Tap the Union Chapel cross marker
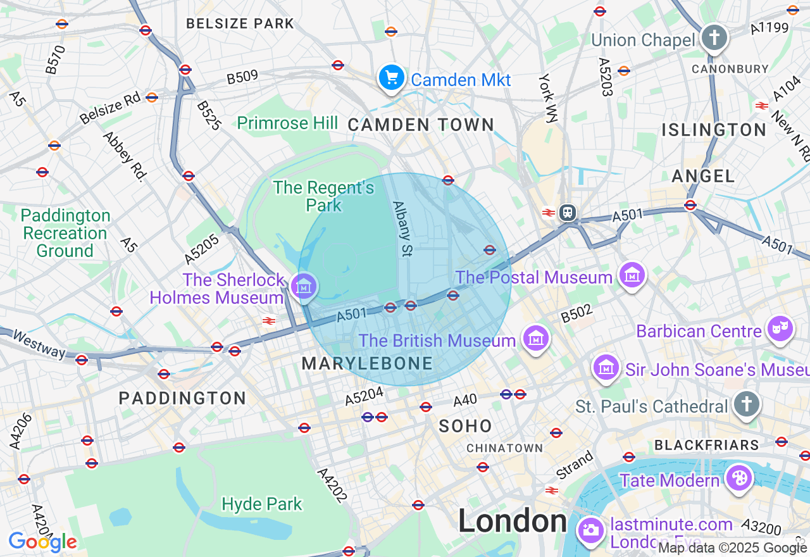click(714, 38)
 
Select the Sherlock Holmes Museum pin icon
click(304, 285)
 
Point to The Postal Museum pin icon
click(632, 275)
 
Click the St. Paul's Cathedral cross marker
click(746, 404)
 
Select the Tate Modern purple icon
click(738, 479)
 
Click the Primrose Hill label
click(287, 123)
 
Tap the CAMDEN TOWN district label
click(421, 125)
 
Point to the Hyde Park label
click(262, 504)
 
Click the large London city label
click(512, 522)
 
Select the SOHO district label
click(465, 426)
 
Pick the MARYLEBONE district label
click(367, 363)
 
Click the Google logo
click(42, 542)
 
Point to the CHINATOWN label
click(504, 448)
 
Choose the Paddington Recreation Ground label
click(65, 233)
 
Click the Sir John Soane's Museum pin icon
click(606, 367)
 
